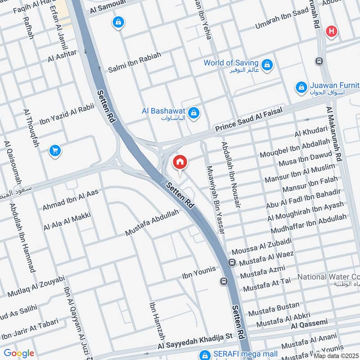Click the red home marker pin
point(180,162)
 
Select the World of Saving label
point(231,63)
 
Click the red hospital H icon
point(332,31)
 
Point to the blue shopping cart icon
point(55,151)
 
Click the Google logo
point(18,353)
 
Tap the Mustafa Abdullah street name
point(152,223)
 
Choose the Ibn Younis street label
point(198,271)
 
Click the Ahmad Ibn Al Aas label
point(70,200)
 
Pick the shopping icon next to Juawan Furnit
point(301,88)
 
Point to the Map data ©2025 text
point(336,355)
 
